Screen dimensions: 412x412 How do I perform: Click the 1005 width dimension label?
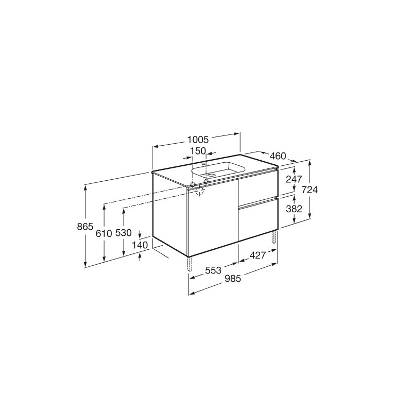pyautogui.click(x=198, y=140)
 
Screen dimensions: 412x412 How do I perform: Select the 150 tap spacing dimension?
pyautogui.click(x=198, y=151)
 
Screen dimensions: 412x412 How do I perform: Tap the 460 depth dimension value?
pyautogui.click(x=278, y=156)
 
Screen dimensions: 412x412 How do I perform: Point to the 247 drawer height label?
pyautogui.click(x=294, y=179)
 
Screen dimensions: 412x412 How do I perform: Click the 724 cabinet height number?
pyautogui.click(x=310, y=190)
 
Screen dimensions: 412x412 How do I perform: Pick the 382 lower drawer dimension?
pyautogui.click(x=294, y=209)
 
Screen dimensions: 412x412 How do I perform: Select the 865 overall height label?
pyautogui.click(x=85, y=227)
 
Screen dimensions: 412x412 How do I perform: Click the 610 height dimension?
pyautogui.click(x=104, y=233)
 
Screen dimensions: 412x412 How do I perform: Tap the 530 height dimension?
pyautogui.click(x=124, y=233)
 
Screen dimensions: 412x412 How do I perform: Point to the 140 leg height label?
pyautogui.click(x=140, y=245)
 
